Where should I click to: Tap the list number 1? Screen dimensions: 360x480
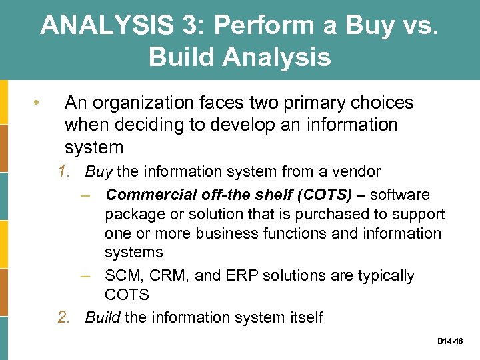point(64,172)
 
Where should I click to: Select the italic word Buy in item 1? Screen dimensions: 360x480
point(99,172)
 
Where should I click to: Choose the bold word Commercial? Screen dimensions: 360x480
point(149,195)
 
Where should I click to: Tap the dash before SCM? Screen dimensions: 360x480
point(91,276)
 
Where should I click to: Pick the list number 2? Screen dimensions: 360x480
point(64,317)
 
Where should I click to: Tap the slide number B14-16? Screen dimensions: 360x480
point(451,341)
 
